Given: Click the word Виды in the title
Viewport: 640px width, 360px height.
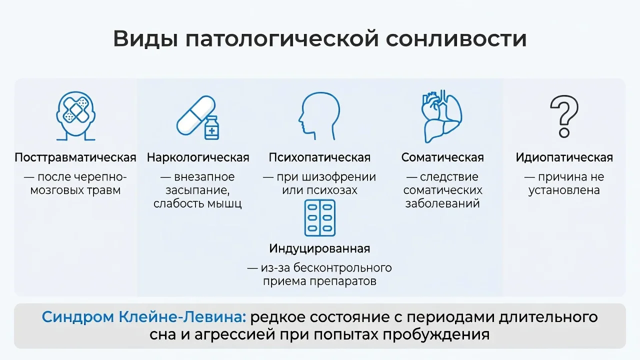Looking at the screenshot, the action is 145,39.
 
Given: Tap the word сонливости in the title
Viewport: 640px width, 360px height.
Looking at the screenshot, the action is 456,39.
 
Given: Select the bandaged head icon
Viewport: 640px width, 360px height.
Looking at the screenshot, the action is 75,116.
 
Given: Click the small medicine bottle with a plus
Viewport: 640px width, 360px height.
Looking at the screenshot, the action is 211,127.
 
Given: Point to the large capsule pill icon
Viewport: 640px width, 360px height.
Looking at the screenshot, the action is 195,115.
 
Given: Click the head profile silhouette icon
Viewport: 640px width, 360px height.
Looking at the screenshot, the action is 319,116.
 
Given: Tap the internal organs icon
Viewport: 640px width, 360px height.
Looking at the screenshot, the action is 441,116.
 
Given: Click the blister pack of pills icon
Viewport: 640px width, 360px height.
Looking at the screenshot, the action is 319,218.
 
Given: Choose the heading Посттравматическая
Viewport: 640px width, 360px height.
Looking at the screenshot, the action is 75,157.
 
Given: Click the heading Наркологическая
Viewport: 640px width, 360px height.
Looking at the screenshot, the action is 198,157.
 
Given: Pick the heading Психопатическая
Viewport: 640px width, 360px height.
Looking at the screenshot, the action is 319,157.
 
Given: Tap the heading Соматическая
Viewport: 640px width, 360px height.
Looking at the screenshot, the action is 442,157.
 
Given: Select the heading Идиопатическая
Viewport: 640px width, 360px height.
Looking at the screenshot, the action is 564,157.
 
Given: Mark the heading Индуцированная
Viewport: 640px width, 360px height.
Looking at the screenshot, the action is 319,248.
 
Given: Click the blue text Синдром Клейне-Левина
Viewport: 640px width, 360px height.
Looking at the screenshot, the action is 143,317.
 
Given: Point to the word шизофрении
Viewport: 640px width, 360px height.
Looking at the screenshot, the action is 339,177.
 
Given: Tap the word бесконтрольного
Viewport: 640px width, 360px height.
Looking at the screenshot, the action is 342,268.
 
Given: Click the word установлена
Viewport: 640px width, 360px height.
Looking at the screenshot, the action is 564,190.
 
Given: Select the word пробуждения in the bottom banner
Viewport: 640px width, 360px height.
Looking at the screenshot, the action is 436,334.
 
